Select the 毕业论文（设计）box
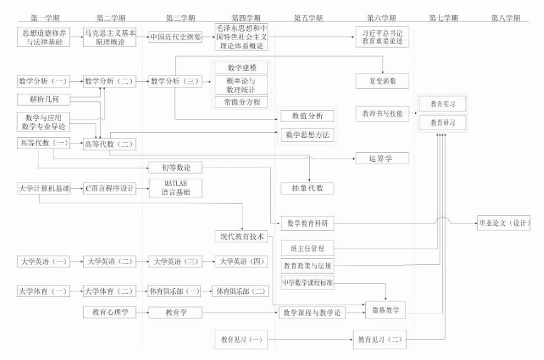(x=504, y=223)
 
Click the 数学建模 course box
(x=242, y=67)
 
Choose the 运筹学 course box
(x=382, y=158)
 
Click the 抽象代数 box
(x=308, y=188)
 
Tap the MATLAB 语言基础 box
(x=176, y=188)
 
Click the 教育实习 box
(x=443, y=104)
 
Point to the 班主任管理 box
(x=308, y=248)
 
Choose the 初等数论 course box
(x=176, y=167)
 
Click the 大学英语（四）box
(x=242, y=262)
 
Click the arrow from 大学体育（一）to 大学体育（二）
(x=76, y=291)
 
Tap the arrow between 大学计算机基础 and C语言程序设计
(x=76, y=188)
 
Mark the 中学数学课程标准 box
(x=308, y=283)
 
